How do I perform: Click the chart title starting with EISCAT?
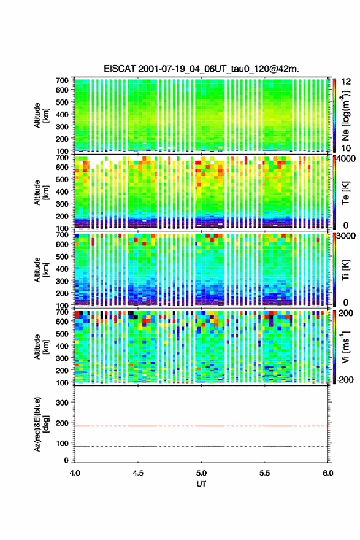[201, 69]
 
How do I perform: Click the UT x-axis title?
[201, 484]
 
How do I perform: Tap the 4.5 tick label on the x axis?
[138, 473]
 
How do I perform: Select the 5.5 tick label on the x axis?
[265, 473]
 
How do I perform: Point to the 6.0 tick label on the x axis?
[327, 473]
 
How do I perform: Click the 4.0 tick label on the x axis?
[75, 473]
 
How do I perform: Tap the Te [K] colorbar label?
[345, 193]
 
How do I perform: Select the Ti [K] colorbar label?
[345, 269]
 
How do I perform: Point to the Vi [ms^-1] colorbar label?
[345, 347]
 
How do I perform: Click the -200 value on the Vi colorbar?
[345, 379]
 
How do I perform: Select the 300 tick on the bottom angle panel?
[62, 403]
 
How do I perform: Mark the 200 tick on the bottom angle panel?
[62, 423]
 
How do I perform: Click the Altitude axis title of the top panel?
[41, 115]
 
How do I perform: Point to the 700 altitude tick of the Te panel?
[62, 157]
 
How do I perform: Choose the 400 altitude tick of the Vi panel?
[62, 345]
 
